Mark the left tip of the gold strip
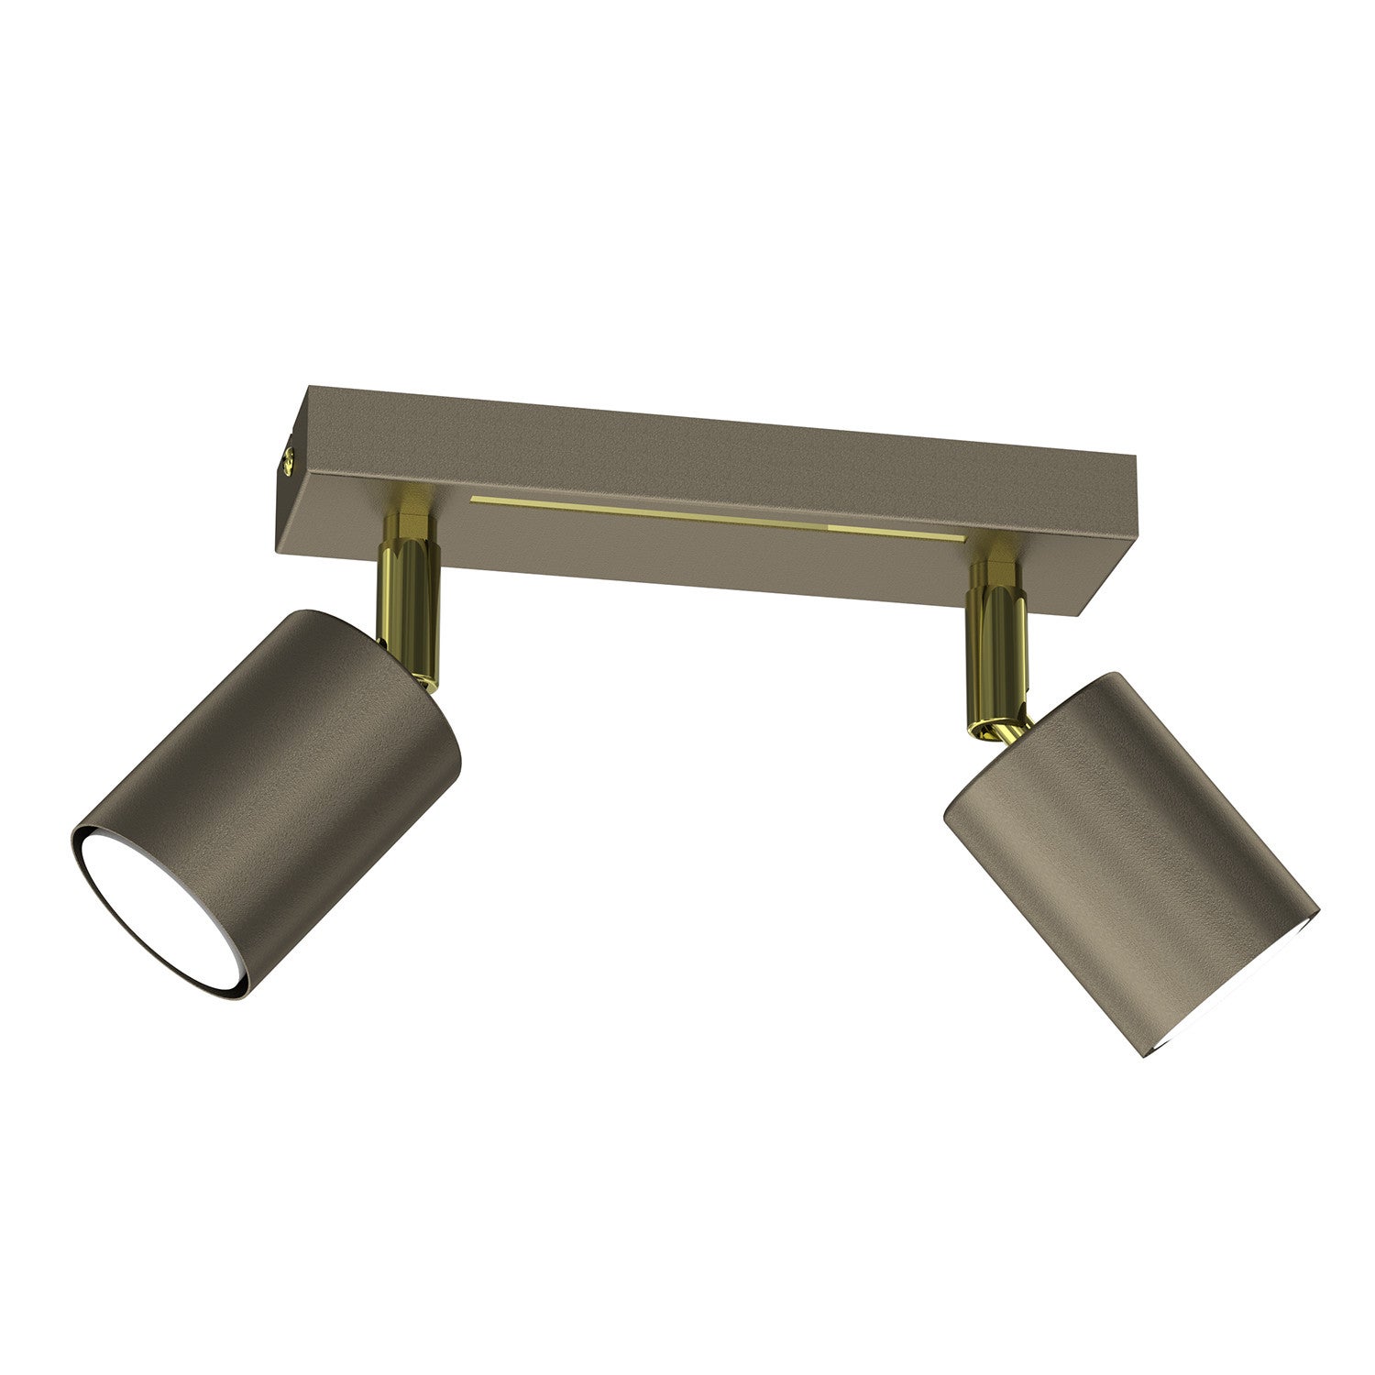[472, 500]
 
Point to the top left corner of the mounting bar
[309, 387]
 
